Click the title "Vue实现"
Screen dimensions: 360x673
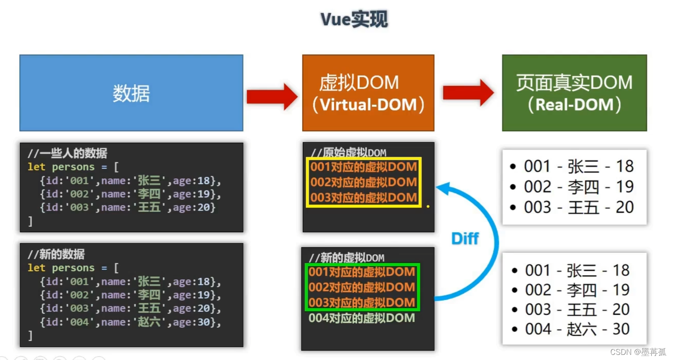click(x=354, y=19)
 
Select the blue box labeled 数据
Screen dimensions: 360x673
click(x=131, y=93)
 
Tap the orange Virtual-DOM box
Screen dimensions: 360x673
click(x=368, y=93)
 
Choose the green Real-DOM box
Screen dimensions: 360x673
click(x=574, y=93)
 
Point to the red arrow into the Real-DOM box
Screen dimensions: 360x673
click(x=468, y=92)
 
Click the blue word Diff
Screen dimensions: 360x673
click(x=465, y=238)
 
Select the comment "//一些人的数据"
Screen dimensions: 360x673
click(x=67, y=153)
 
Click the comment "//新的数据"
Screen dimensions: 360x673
click(x=56, y=254)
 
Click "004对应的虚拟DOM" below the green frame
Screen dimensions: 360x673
click(x=362, y=318)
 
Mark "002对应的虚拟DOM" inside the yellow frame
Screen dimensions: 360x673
click(x=363, y=182)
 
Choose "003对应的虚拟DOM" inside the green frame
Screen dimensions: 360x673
click(x=362, y=303)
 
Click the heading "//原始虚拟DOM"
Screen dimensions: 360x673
click(x=349, y=152)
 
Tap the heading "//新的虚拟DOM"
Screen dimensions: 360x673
click(x=347, y=258)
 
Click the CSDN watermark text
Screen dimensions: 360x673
click(x=638, y=352)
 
